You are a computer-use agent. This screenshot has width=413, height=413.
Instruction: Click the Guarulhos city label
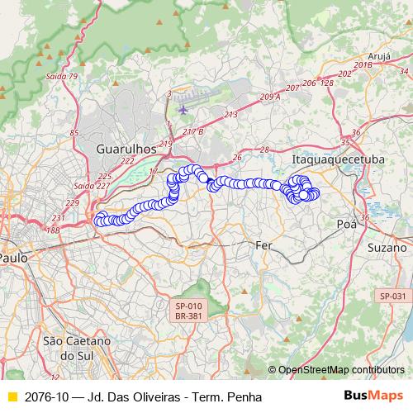coord(126,150)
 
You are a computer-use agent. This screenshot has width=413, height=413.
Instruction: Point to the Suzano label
coord(388,247)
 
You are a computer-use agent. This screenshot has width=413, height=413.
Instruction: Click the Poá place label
coord(347,224)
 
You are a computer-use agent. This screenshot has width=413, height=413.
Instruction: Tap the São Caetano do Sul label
coord(76,348)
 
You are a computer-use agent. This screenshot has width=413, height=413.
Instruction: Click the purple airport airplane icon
coord(183,109)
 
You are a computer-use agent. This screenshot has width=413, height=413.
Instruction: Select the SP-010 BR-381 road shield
coord(189,310)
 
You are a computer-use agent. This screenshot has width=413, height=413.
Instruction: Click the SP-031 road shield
coord(392,296)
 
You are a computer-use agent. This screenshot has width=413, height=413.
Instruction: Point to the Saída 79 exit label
coord(62,77)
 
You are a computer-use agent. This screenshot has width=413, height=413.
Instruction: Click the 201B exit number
coord(363,64)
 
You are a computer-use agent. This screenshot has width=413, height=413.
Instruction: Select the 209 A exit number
coord(270,97)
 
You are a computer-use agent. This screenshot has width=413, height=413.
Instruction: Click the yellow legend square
coord(12,397)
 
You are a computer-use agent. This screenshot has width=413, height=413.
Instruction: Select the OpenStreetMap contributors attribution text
coord(340,370)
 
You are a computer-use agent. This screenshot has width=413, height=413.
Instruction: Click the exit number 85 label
coord(75,132)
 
